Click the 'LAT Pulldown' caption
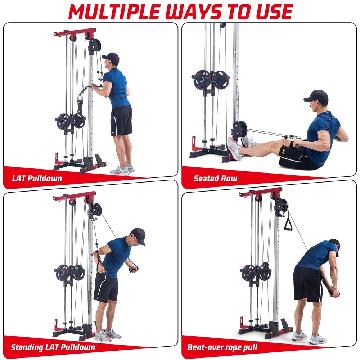pyautogui.click(x=37, y=178)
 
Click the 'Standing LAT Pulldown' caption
pyautogui.click(x=53, y=347)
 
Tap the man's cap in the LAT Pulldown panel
pyautogui.click(x=111, y=58)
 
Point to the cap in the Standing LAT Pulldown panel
pyautogui.click(x=139, y=236)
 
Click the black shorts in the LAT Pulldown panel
pyautogui.click(x=121, y=121)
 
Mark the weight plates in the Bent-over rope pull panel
pyautogui.click(x=256, y=273)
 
